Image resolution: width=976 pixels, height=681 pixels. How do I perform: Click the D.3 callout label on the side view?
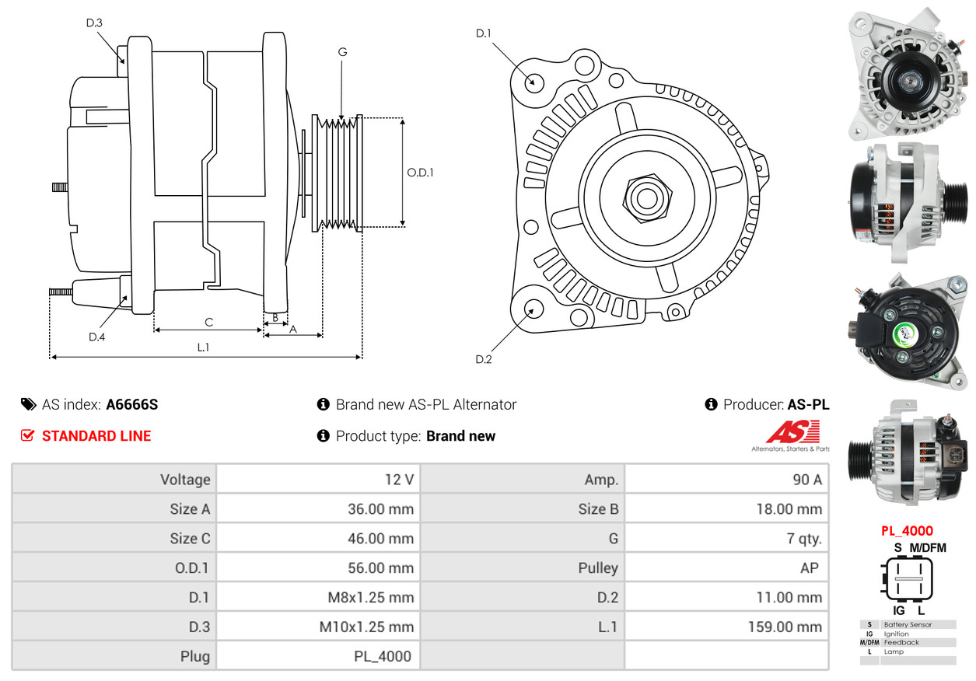[x=94, y=23]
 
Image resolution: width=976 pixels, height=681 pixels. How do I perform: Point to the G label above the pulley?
[x=342, y=52]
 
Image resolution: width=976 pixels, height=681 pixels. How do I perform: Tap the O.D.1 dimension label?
[x=420, y=173]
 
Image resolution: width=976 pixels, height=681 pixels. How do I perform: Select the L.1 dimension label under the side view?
[x=204, y=347]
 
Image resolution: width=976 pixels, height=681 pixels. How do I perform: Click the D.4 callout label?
[x=96, y=337]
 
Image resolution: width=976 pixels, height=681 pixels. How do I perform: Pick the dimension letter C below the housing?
[x=208, y=322]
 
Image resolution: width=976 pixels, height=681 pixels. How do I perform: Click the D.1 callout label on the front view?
[x=483, y=33]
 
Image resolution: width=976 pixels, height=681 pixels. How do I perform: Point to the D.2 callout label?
[x=484, y=359]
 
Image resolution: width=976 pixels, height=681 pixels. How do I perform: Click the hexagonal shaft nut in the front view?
[x=647, y=198]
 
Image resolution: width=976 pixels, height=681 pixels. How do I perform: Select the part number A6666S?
[x=132, y=404]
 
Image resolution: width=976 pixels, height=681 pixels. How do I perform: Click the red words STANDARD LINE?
[x=96, y=436]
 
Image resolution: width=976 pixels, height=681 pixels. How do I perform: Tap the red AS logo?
[x=793, y=431]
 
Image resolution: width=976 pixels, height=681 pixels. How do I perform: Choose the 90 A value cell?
[x=727, y=480]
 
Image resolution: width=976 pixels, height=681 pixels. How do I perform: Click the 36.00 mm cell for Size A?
[x=318, y=509]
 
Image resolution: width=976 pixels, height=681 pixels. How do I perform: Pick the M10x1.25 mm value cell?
[x=318, y=627]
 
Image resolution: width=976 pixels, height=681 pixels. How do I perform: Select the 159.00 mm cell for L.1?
[x=727, y=627]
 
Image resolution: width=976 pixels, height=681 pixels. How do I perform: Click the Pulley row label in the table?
[x=598, y=567]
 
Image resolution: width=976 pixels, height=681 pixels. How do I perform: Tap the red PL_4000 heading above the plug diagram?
[x=907, y=531]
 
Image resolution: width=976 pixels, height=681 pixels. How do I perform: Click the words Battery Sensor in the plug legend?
[x=908, y=624]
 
